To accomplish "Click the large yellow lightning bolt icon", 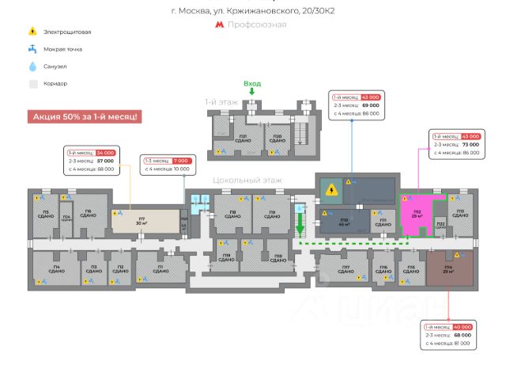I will coord(334,190).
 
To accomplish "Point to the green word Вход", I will coord(252,84).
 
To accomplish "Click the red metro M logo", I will coord(219,25).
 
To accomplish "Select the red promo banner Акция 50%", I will coord(85,116).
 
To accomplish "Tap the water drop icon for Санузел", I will coord(32,66).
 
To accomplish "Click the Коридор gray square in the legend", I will coord(32,83).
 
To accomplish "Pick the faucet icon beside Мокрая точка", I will coord(32,49).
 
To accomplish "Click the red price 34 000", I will coord(105,152).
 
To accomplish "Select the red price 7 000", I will coord(180,161).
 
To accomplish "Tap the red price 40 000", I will coord(462,327).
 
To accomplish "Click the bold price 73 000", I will coord(470,145).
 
